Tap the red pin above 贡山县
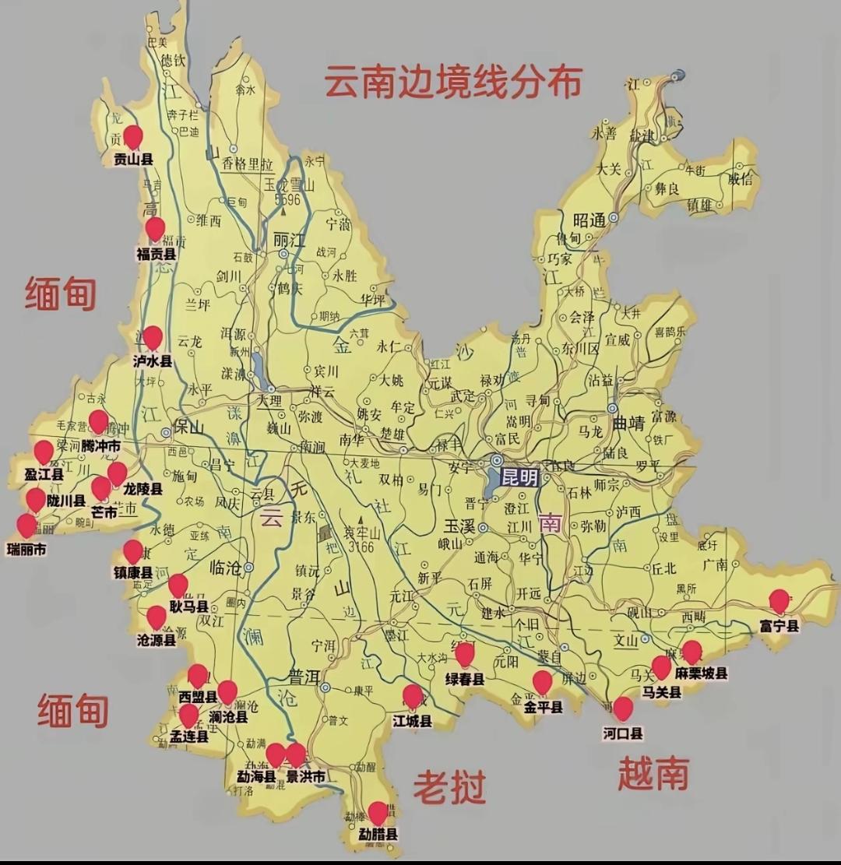133,137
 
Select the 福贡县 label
156,254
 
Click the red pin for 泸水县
153,337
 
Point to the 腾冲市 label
101,446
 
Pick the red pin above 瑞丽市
27,526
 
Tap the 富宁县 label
779,624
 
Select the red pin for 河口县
623,708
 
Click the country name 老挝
449,787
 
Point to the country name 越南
653,774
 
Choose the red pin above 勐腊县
378,813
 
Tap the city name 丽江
289,241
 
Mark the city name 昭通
589,220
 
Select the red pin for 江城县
413,696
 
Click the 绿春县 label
465,679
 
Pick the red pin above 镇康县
133,551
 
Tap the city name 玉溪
459,526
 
